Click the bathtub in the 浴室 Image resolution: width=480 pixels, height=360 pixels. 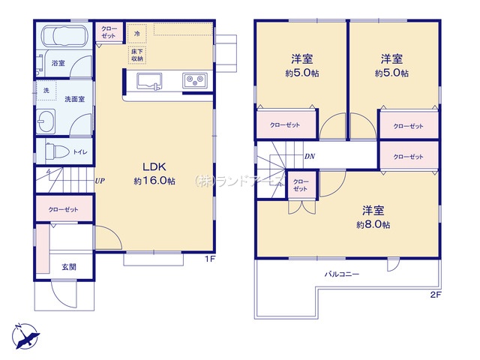(x=63, y=37)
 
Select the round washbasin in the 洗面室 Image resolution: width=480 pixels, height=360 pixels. (x=47, y=121)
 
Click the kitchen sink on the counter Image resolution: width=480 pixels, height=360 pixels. (x=147, y=80)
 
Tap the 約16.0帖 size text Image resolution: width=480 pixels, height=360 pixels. (x=154, y=181)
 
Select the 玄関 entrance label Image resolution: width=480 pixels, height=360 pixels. (x=68, y=265)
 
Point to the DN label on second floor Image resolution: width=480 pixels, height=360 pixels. (x=309, y=157)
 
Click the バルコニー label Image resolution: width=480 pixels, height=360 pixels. (x=341, y=274)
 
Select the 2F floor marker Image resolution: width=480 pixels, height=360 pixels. (x=435, y=295)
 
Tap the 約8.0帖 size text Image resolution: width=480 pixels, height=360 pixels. (x=373, y=224)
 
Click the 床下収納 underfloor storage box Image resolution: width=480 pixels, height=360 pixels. (x=137, y=55)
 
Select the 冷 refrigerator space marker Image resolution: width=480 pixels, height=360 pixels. (x=137, y=34)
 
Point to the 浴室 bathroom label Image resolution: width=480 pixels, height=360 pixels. (x=57, y=64)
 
